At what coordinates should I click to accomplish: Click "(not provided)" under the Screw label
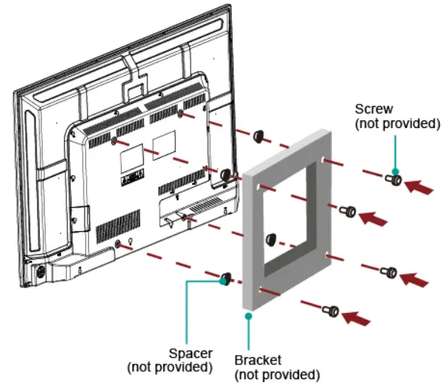(398, 123)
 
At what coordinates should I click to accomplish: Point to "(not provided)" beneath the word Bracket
(278, 374)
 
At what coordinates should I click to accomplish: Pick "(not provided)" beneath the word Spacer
(169, 366)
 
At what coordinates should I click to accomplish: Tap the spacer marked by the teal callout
(224, 281)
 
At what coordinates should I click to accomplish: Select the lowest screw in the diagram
(332, 309)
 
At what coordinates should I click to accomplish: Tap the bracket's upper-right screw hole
(324, 160)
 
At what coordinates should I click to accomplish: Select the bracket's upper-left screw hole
(259, 186)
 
